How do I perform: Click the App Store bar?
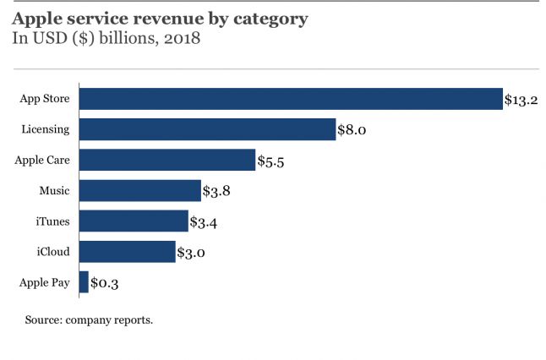click(x=291, y=99)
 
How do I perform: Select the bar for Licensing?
click(x=207, y=129)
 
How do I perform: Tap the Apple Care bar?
click(x=167, y=160)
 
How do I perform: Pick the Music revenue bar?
click(x=140, y=190)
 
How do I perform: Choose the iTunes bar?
click(x=134, y=221)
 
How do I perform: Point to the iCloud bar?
click(x=128, y=251)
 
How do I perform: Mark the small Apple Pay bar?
click(x=84, y=282)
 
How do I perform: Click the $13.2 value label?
click(x=521, y=100)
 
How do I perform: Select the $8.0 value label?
click(x=354, y=130)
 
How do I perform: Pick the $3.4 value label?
click(x=205, y=221)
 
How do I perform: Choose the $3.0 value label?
click(x=192, y=252)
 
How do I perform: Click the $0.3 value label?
click(x=105, y=283)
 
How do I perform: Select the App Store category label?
click(x=45, y=99)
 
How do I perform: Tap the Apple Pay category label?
click(x=44, y=282)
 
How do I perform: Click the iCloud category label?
click(x=52, y=251)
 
